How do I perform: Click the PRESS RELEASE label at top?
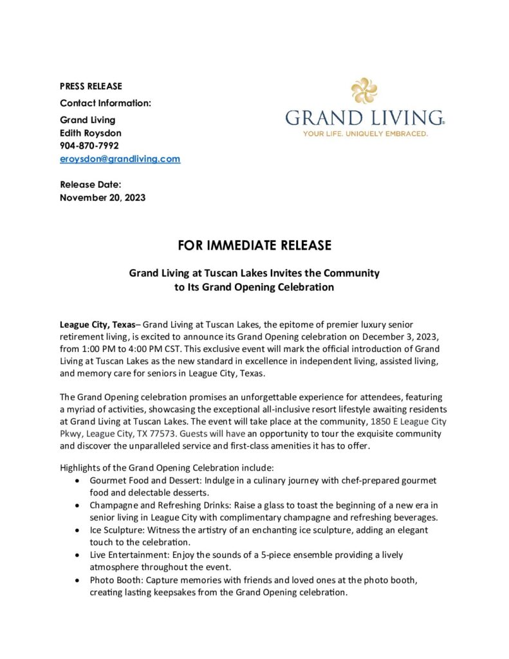point(91,86)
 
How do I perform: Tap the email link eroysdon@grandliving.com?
point(120,158)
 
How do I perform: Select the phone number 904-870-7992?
point(89,145)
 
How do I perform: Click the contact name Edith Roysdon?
point(90,133)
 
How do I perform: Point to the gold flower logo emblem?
point(364,91)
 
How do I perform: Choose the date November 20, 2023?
point(102,198)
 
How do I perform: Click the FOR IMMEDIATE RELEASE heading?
point(254,245)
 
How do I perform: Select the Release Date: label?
point(90,185)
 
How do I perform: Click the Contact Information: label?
point(106,103)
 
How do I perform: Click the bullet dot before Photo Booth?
point(78,580)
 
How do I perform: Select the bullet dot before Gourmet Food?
point(78,481)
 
